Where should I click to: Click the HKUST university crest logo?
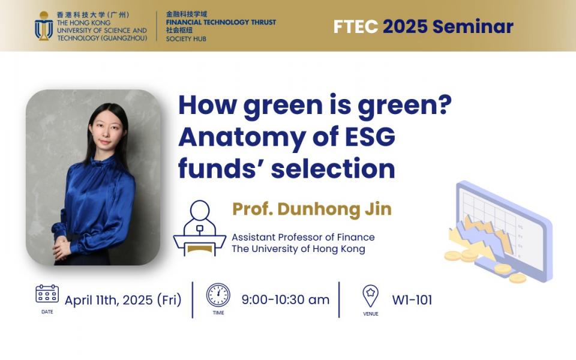point(44,26)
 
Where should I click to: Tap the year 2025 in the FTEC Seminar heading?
point(406,26)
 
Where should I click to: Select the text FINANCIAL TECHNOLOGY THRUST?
point(221,22)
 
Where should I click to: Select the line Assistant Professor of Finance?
point(303,237)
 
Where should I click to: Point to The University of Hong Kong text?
point(298,249)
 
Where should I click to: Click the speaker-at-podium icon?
point(199,229)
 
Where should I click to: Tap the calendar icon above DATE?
point(47,294)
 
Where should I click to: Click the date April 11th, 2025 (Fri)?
point(123,300)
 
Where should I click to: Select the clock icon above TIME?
point(218,295)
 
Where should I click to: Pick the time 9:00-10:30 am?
point(285,300)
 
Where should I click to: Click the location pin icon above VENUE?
point(370,296)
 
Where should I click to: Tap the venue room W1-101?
point(412,300)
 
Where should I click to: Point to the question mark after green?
point(442,106)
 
